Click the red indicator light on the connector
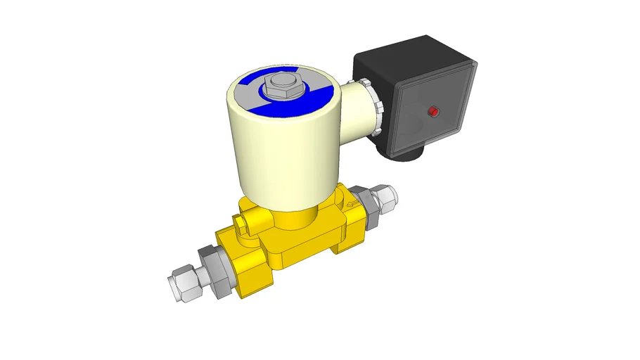(433, 112)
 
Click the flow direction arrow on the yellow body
(354, 205)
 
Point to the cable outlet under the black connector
(407, 154)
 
